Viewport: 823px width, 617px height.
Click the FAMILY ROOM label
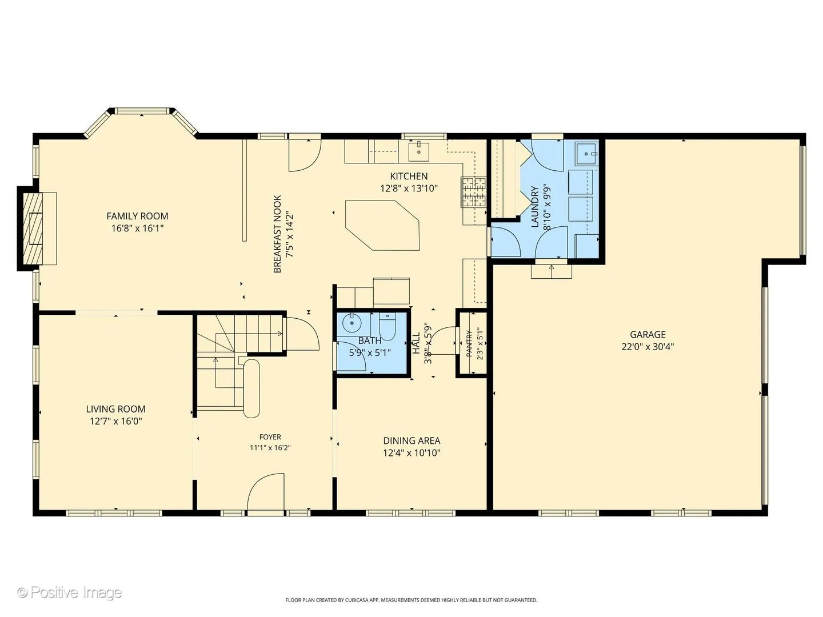point(137,216)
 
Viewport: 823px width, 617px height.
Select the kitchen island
point(382,225)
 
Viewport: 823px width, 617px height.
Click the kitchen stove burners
point(474,192)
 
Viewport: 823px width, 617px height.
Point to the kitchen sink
point(419,151)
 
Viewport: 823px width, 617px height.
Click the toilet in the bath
point(387,327)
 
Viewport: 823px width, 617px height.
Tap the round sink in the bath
point(352,323)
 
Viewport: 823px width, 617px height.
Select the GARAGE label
point(648,335)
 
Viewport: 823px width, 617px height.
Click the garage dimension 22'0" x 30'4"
point(648,347)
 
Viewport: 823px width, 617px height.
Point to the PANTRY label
point(469,343)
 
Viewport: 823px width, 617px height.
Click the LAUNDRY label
point(535,207)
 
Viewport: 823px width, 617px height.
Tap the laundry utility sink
point(587,153)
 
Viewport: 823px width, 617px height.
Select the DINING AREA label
point(411,440)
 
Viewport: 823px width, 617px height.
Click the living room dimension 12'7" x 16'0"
point(116,421)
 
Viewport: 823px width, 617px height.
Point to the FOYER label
point(270,437)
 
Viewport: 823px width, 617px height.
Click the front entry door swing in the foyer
point(265,491)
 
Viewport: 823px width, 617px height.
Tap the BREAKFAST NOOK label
point(277,234)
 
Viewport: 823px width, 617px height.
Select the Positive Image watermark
point(70,592)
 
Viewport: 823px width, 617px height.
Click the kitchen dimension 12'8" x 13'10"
point(409,188)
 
